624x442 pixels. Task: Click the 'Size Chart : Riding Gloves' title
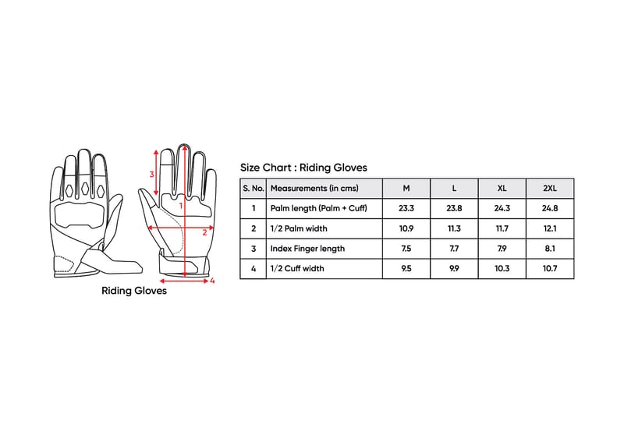click(303, 168)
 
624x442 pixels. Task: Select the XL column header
click(502, 188)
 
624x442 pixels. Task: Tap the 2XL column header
click(550, 188)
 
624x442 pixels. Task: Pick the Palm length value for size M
click(406, 208)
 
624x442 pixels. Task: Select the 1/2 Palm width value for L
click(454, 228)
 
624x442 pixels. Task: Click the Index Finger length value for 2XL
click(550, 249)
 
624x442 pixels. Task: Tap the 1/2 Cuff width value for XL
click(502, 268)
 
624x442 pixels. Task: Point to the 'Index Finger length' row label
click(307, 249)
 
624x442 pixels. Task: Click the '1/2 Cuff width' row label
click(297, 268)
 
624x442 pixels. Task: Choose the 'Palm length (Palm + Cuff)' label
click(319, 208)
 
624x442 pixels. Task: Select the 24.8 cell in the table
click(550, 208)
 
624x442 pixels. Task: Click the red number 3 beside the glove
click(151, 175)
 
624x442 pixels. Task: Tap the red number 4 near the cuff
click(212, 281)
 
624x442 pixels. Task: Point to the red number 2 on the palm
click(204, 233)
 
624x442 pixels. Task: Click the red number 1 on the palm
click(181, 206)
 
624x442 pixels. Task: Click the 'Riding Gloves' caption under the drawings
click(134, 291)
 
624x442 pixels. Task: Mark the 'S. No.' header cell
click(253, 188)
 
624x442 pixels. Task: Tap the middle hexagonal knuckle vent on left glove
click(85, 189)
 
